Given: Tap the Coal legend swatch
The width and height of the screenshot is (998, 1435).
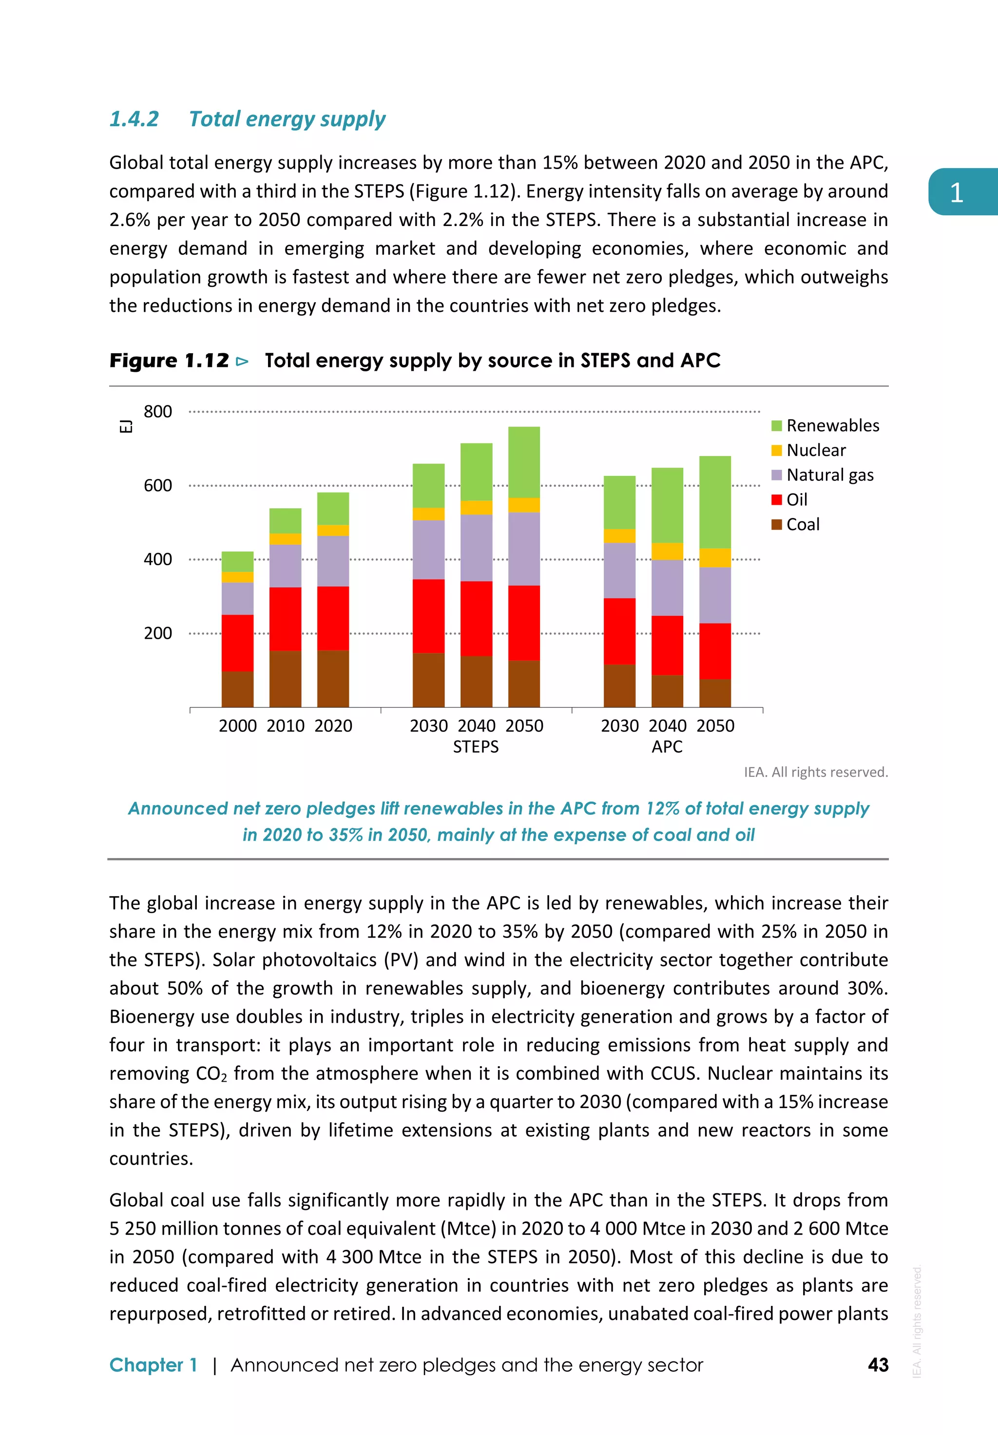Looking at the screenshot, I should pyautogui.click(x=777, y=524).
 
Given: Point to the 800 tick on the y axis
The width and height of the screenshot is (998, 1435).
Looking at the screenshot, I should pyautogui.click(x=157, y=411).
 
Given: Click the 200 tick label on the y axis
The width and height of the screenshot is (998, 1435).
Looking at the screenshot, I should pyautogui.click(x=157, y=633).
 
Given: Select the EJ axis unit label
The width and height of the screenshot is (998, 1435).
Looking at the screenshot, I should pyautogui.click(x=126, y=426).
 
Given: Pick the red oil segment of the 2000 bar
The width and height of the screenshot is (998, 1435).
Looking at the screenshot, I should pyautogui.click(x=237, y=643).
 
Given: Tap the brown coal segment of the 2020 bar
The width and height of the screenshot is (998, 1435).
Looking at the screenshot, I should pyautogui.click(x=333, y=678).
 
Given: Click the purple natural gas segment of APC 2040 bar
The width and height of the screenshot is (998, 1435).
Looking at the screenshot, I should pyautogui.click(x=668, y=588).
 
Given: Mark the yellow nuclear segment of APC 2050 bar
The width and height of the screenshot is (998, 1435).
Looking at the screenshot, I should pyautogui.click(x=715, y=557).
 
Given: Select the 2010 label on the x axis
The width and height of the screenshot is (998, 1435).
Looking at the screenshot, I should pyautogui.click(x=286, y=726).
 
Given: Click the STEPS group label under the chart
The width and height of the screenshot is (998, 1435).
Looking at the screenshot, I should pyautogui.click(x=476, y=747).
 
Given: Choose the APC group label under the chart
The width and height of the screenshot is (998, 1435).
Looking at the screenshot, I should pyautogui.click(x=667, y=747).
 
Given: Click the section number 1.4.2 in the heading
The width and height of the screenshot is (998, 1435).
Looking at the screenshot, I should pyautogui.click(x=134, y=119).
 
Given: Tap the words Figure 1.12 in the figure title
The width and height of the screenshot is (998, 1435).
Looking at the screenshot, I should pyautogui.click(x=170, y=361).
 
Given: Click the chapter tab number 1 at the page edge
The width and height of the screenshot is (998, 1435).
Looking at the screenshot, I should pyautogui.click(x=956, y=192).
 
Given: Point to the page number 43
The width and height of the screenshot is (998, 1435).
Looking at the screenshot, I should pyautogui.click(x=878, y=1365).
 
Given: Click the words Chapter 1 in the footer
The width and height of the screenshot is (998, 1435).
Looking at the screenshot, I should pyautogui.click(x=153, y=1365).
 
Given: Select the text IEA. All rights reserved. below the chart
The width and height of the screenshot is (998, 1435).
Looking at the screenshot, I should pyautogui.click(x=816, y=772).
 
